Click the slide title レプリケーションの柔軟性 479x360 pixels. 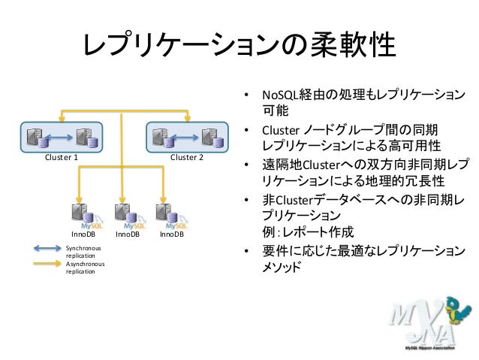239,49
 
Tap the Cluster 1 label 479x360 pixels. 62,158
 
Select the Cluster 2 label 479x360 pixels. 187,158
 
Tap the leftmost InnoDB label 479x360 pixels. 82,234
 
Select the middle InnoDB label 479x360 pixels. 127,234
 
